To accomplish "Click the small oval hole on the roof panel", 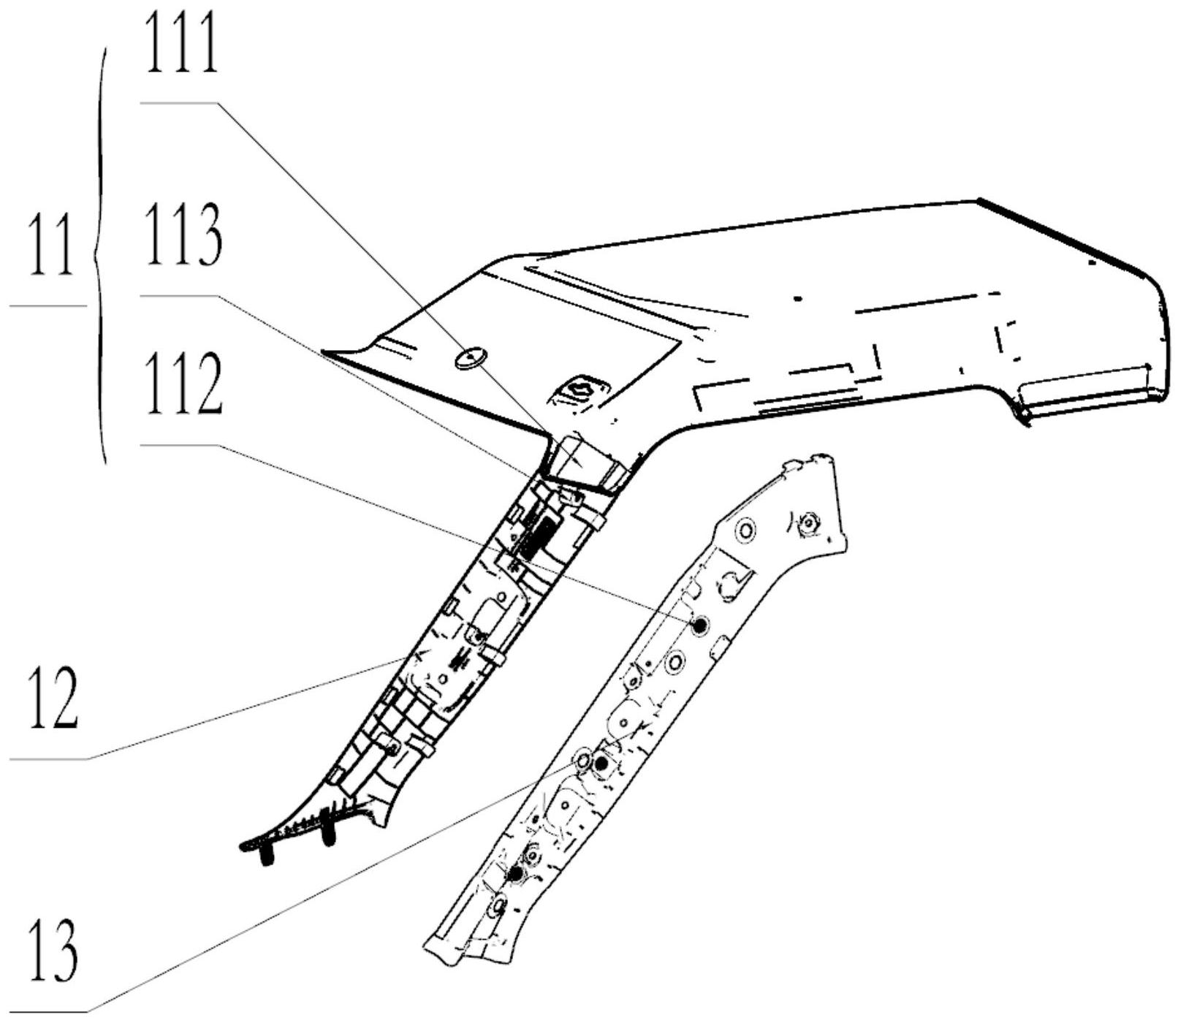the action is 469,358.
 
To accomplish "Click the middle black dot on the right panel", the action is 601,764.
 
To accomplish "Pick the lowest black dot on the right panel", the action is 516,873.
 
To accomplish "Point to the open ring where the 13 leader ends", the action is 582,761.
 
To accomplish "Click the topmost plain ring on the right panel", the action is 745,529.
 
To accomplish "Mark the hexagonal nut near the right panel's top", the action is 808,522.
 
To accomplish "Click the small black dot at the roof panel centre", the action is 798,298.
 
